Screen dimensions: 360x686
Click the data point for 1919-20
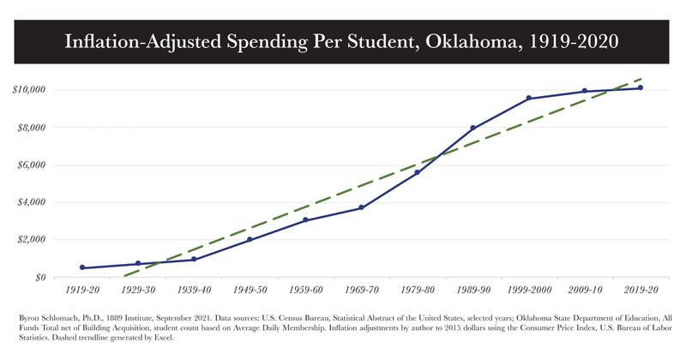82,267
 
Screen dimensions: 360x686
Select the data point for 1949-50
250,239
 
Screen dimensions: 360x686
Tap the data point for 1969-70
361,207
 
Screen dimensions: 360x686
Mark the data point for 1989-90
472,128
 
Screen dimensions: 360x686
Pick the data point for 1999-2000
528,98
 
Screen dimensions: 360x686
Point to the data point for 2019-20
641,87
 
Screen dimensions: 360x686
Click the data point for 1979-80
417,172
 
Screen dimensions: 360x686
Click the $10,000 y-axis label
30,90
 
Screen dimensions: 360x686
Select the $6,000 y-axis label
32,165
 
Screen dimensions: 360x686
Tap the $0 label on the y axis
39,277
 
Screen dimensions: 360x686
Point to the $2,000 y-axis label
32,240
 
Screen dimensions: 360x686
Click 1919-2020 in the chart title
568,40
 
